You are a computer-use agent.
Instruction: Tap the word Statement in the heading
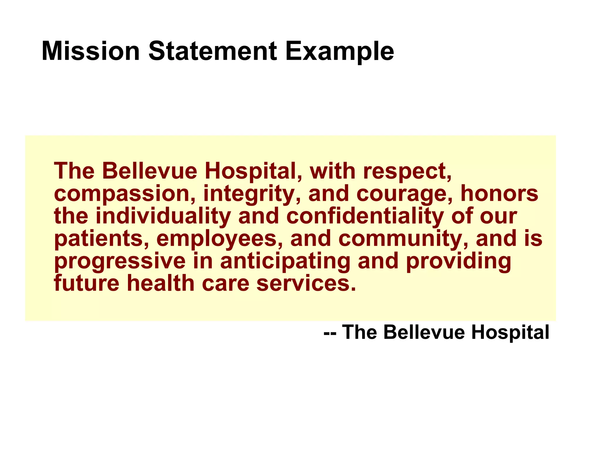coord(213,51)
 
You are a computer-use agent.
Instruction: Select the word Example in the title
coord(340,52)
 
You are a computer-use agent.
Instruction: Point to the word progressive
coord(120,262)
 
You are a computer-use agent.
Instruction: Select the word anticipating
coord(285,262)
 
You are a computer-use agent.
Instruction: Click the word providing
coord(458,262)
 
